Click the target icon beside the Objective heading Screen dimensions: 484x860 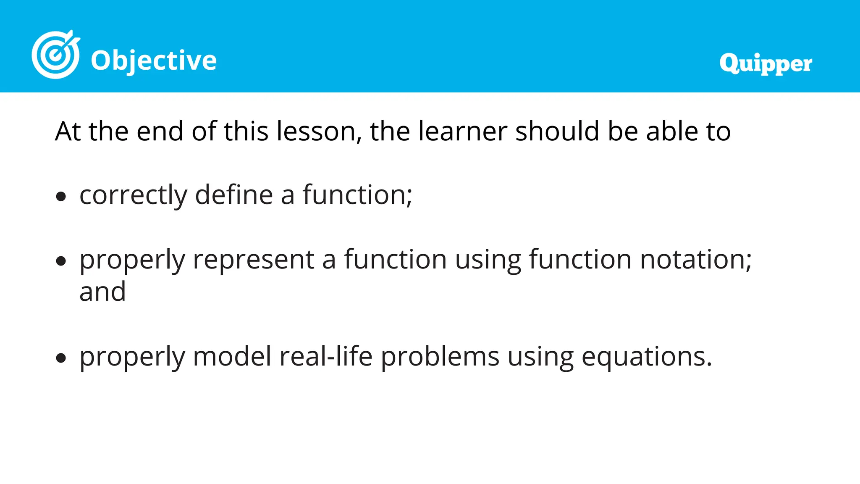[55, 55]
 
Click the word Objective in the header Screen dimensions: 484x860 [154, 60]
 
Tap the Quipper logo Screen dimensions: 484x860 [766, 64]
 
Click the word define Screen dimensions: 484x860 [234, 195]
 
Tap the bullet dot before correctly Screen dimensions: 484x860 [61, 197]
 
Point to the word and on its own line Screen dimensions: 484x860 [102, 292]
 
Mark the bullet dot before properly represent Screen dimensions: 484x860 [61, 261]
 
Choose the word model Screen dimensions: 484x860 [232, 357]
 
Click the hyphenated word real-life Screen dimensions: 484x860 [326, 357]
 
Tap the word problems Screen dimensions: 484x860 [440, 357]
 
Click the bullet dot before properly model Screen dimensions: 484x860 [61, 358]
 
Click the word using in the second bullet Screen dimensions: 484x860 [488, 260]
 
